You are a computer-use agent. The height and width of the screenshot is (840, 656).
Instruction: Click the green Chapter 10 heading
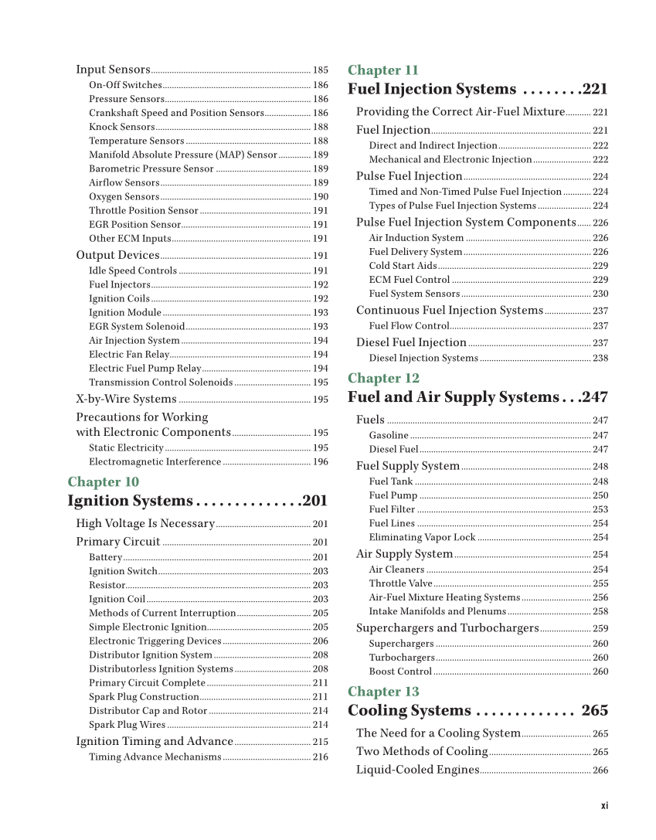pos(104,482)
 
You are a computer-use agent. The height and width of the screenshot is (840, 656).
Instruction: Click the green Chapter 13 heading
pos(383,692)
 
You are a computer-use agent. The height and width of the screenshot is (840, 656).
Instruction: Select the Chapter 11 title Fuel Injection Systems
pos(432,90)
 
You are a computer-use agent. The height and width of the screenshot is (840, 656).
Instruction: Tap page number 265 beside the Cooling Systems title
pos(594,711)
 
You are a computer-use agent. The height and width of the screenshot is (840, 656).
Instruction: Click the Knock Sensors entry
pos(122,127)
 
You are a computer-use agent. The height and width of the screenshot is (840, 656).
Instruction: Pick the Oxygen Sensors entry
pos(124,197)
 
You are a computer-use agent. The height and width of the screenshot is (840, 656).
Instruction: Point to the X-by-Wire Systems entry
pos(126,400)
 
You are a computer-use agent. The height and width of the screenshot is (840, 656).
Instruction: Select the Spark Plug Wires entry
pos(127,725)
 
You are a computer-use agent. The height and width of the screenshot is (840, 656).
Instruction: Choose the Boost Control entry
pos(400,672)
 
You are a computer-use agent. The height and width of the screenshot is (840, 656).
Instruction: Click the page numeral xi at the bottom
pos(604,805)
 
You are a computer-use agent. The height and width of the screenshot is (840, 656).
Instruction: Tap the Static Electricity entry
pos(126,448)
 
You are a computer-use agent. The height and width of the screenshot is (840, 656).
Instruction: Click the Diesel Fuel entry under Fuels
pos(393,450)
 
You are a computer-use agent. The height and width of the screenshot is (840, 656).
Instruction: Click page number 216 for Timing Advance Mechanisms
pos(320,757)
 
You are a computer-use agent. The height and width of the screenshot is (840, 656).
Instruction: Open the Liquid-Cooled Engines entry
pos(417,770)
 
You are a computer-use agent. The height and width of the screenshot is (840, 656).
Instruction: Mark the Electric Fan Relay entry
pos(129,355)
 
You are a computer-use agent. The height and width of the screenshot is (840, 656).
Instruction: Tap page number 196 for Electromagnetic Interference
pos(320,462)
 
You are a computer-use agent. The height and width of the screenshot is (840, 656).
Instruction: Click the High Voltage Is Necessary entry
pos(144,524)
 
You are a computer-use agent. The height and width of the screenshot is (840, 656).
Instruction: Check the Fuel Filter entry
pos(392,510)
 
